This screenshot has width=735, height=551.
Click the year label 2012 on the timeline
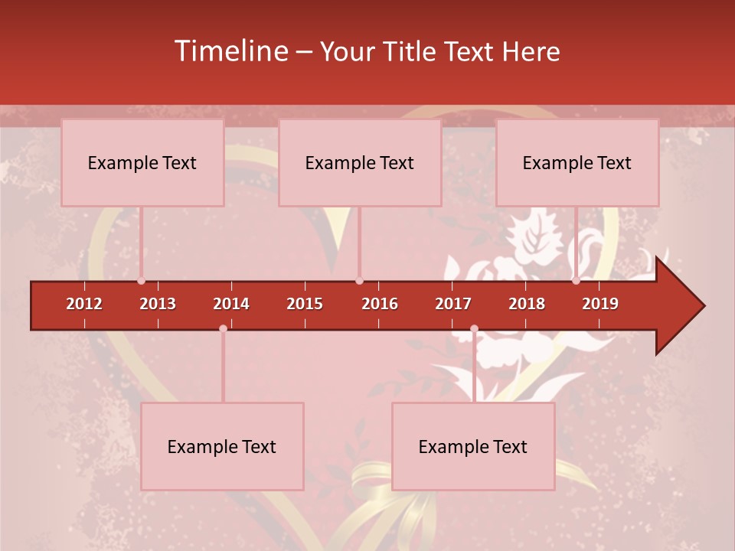click(x=84, y=304)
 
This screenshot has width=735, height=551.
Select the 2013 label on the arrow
click(x=158, y=304)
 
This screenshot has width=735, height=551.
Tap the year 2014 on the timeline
click(x=231, y=304)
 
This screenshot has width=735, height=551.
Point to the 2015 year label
click(x=305, y=304)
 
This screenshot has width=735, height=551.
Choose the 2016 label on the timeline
click(x=380, y=304)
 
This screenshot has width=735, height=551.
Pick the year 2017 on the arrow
click(x=453, y=304)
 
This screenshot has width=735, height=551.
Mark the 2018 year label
click(x=527, y=304)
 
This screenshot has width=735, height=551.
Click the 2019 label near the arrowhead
click(x=600, y=304)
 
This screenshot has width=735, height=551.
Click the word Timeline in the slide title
click(x=230, y=51)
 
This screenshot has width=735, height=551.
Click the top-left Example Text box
click(x=142, y=162)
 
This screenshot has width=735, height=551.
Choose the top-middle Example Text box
click(x=360, y=162)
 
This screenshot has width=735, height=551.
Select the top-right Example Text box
click(x=577, y=162)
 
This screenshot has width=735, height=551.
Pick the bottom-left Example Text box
click(x=222, y=446)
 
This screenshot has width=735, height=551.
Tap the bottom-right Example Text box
click(x=473, y=446)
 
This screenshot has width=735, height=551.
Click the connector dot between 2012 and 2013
click(x=141, y=281)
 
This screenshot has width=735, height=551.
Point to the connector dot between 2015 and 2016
click(x=359, y=281)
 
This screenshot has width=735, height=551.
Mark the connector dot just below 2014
click(x=223, y=328)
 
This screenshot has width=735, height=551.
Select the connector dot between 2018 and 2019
click(x=576, y=281)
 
